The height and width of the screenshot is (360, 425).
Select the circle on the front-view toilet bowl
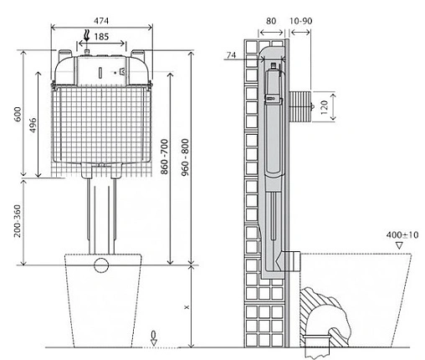click(x=101, y=267)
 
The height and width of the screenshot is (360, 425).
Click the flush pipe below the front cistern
click(x=101, y=213)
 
